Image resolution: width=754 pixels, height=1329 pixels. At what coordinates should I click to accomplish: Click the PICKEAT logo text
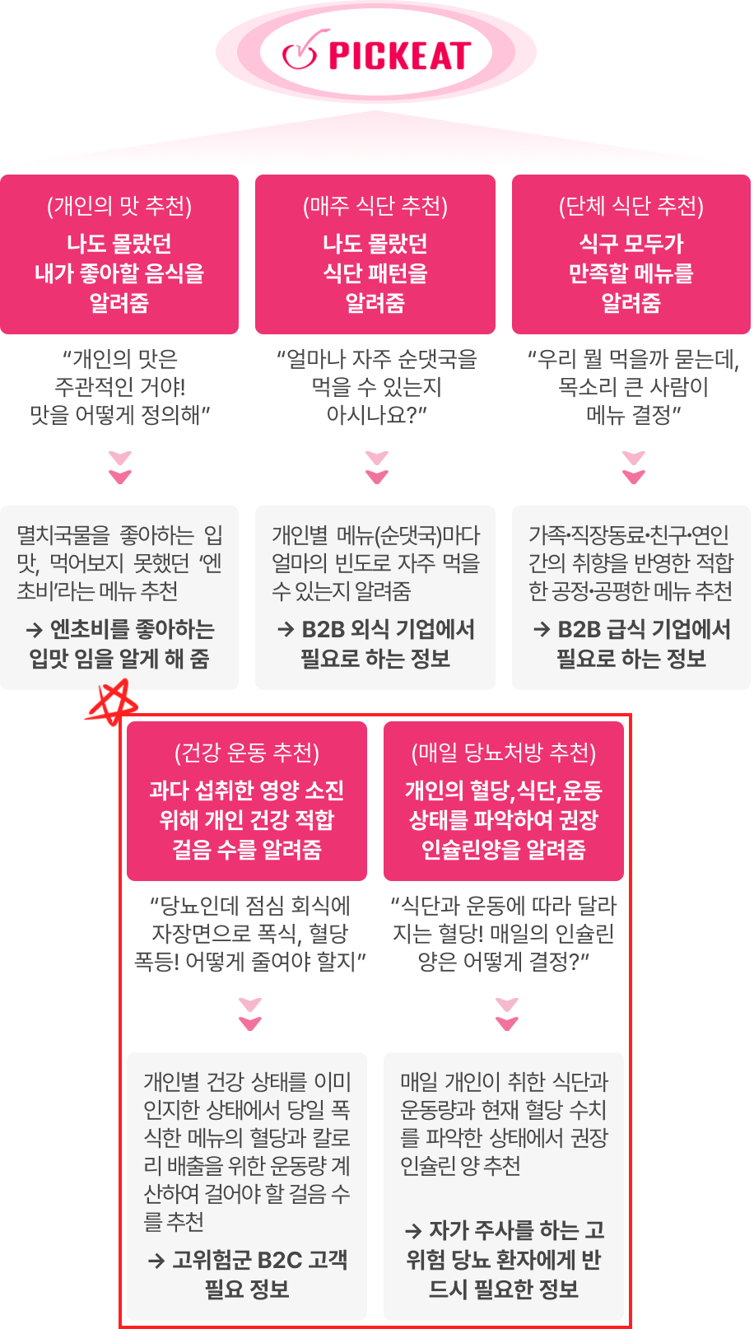pyautogui.click(x=400, y=56)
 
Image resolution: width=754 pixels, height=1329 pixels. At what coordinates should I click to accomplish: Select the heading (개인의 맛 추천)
pyautogui.click(x=119, y=206)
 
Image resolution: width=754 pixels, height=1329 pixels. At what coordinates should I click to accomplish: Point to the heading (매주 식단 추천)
pyautogui.click(x=375, y=206)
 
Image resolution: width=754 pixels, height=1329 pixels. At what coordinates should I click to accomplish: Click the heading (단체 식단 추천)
pyautogui.click(x=631, y=206)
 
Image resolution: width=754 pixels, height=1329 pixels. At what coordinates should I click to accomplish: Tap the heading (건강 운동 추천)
pyautogui.click(x=247, y=753)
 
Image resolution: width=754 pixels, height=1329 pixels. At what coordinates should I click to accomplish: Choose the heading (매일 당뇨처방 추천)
pyautogui.click(x=504, y=753)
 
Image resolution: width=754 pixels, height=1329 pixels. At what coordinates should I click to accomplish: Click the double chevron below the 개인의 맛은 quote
pyautogui.click(x=120, y=468)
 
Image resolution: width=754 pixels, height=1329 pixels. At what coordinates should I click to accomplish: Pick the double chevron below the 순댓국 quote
pyautogui.click(x=377, y=468)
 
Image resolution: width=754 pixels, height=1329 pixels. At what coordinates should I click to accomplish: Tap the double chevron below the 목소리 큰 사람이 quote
pyautogui.click(x=634, y=468)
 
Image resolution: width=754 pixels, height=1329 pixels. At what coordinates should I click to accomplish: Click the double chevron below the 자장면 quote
pyautogui.click(x=249, y=1014)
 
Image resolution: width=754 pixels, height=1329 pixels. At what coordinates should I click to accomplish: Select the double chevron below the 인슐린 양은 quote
pyautogui.click(x=506, y=1014)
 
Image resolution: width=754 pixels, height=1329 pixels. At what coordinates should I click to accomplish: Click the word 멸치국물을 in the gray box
pyautogui.click(x=63, y=535)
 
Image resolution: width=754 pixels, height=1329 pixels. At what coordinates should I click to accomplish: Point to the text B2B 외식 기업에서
pyautogui.click(x=389, y=629)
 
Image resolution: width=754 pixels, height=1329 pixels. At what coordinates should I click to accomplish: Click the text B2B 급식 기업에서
pyautogui.click(x=645, y=629)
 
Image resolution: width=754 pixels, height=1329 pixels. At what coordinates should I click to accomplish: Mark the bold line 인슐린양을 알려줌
pyautogui.click(x=504, y=850)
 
